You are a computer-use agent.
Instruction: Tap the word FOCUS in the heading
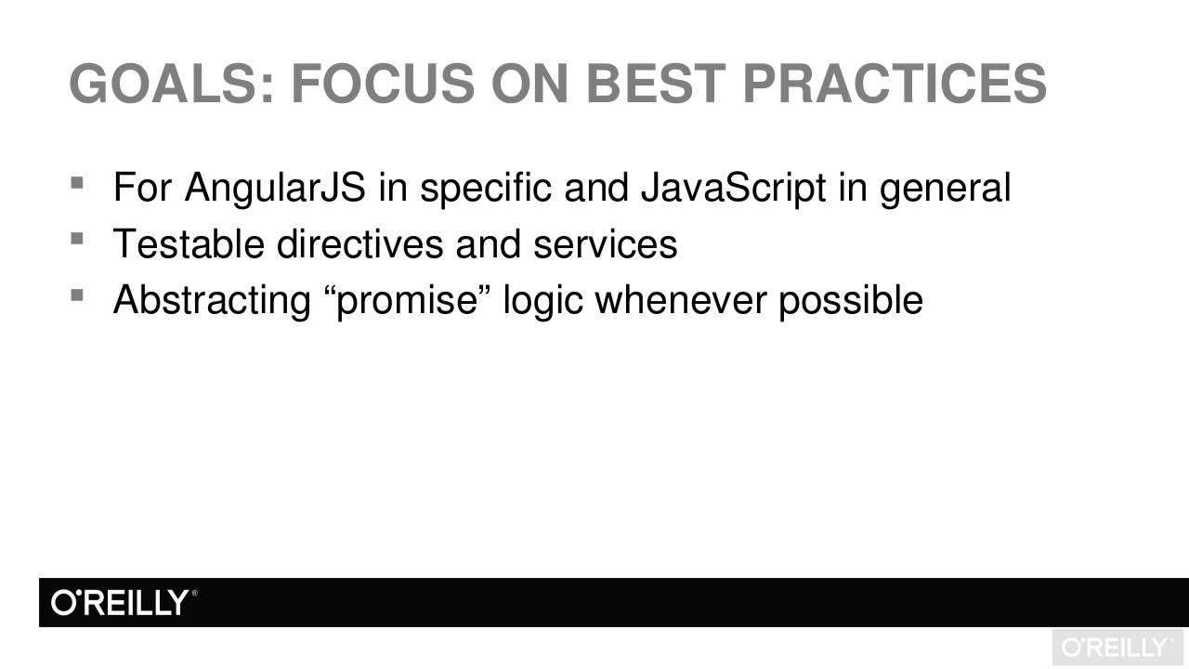click(382, 84)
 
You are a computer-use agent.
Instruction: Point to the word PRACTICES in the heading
click(894, 84)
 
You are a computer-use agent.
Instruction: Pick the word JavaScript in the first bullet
click(733, 189)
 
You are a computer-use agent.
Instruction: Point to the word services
click(605, 244)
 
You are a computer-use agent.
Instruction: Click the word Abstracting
click(211, 300)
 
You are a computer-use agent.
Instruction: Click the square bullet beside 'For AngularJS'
click(76, 182)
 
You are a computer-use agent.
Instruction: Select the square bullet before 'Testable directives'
click(76, 239)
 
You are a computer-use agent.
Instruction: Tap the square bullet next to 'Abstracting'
click(76, 295)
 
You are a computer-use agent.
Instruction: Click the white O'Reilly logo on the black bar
click(124, 603)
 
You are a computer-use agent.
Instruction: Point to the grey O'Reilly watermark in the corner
click(1117, 648)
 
